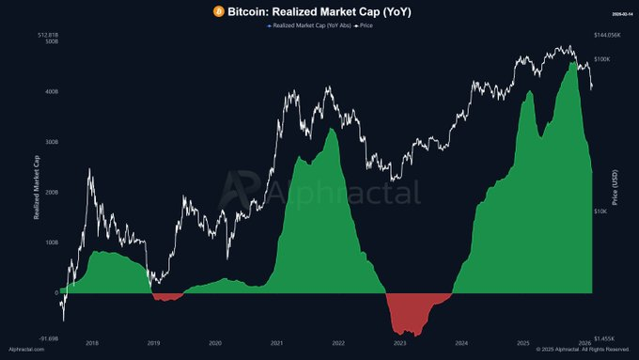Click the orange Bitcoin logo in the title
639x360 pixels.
pyautogui.click(x=218, y=12)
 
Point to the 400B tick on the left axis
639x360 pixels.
pyautogui.click(x=51, y=92)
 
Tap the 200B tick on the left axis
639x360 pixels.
pyautogui.click(x=51, y=192)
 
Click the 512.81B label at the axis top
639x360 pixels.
pyautogui.click(x=45, y=35)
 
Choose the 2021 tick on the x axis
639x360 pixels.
pyautogui.click(x=277, y=344)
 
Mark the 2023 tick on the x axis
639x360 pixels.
pyautogui.click(x=400, y=344)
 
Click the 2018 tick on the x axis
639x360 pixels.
pyautogui.click(x=91, y=344)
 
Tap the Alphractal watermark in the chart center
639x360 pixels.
pyautogui.click(x=319, y=193)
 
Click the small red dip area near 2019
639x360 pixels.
pyautogui.click(x=167, y=297)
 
